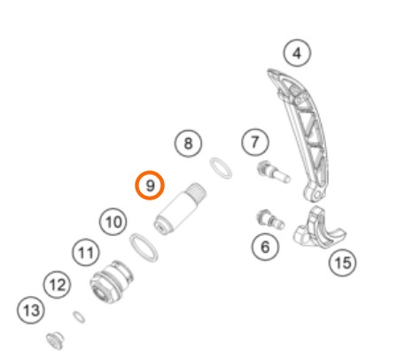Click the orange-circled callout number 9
point(150,185)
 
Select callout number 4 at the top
point(297,53)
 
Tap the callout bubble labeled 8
point(188,144)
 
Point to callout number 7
point(255,142)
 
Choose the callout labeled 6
point(265,247)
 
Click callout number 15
point(343,262)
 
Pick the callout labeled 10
point(113,222)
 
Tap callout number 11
point(86,253)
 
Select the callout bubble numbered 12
point(57,285)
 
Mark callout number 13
point(31,310)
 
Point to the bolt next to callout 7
point(274,172)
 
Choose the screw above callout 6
point(270,219)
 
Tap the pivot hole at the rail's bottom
point(317,195)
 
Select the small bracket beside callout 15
point(319,228)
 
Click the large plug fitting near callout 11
point(112,282)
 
